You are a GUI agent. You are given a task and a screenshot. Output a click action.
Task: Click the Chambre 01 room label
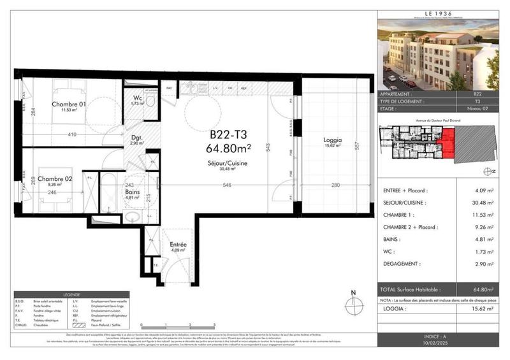click(x=69, y=104)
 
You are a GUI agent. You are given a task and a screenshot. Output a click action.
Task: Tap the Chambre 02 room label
click(x=54, y=179)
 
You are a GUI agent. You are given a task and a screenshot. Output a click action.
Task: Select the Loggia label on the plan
click(x=332, y=140)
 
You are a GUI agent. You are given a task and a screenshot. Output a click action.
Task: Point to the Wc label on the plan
click(x=136, y=98)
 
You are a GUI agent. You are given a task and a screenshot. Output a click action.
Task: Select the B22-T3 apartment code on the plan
click(x=230, y=135)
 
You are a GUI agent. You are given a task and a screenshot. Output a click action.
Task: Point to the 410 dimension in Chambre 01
click(x=74, y=135)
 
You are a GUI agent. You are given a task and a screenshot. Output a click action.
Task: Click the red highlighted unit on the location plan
click(x=449, y=142)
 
